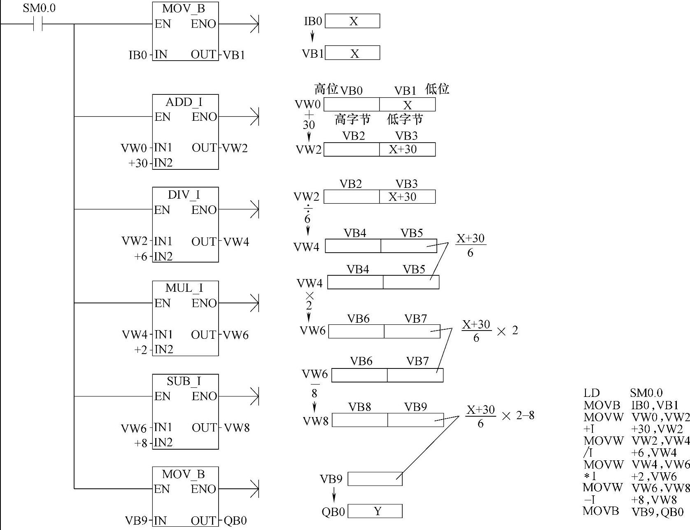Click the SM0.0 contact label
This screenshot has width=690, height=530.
(x=39, y=8)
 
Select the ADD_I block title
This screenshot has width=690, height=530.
(x=184, y=102)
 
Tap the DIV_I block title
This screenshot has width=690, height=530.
(x=184, y=195)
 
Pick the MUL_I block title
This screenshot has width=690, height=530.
(x=184, y=288)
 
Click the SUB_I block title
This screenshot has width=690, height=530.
(x=184, y=381)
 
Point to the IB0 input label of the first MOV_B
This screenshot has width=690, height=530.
(x=138, y=55)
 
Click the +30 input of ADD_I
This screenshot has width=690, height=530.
(x=138, y=163)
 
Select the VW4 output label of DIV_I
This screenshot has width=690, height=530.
(x=236, y=242)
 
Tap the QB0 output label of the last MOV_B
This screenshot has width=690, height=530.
(x=235, y=521)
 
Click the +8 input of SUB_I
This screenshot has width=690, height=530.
(x=141, y=443)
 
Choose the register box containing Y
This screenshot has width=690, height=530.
(x=375, y=511)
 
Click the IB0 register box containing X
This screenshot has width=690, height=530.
(x=352, y=21)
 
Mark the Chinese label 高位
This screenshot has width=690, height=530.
(x=326, y=89)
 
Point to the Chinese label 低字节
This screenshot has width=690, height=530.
(x=405, y=120)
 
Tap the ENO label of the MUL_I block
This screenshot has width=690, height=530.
(x=204, y=303)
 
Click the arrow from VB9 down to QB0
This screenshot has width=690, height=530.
(x=334, y=495)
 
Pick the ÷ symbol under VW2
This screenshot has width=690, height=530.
(x=308, y=209)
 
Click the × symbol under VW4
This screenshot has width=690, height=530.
(x=310, y=296)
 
